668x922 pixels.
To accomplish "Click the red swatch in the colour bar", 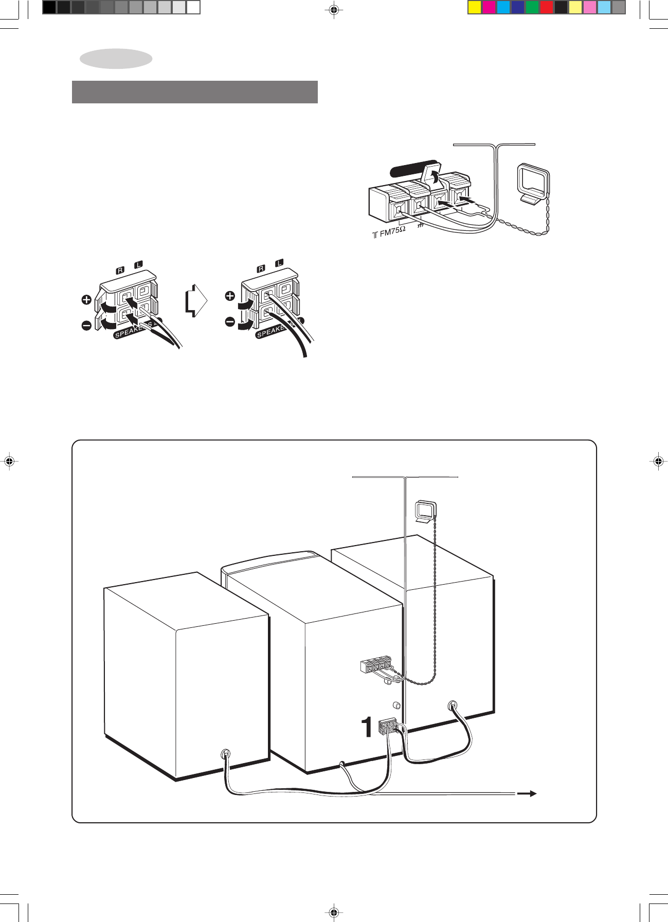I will pos(546,7).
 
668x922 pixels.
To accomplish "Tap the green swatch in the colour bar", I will pos(532,7).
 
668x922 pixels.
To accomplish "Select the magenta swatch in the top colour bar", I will pos(489,7).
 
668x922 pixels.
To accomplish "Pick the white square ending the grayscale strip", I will pos(193,7).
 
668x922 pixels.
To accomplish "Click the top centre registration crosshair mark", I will pos(334,9).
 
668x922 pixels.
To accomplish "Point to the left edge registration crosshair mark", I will pos(9,461).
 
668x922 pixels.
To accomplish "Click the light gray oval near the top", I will pos(116,59).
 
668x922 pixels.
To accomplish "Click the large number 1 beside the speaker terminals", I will pos(367,728).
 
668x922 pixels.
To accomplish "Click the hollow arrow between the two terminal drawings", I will pos(196,301).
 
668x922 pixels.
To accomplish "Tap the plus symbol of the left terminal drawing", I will pos(86,299).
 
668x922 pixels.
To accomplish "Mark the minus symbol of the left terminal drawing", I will pos(86,325).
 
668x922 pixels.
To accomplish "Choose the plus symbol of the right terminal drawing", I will pos(230,296).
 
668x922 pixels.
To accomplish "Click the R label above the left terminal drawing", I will pos(120,270).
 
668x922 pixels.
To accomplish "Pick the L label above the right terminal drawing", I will pos(279,263).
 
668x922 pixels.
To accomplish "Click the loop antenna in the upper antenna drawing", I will pos(533,183).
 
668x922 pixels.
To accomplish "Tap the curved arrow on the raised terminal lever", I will pos(435,177).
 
